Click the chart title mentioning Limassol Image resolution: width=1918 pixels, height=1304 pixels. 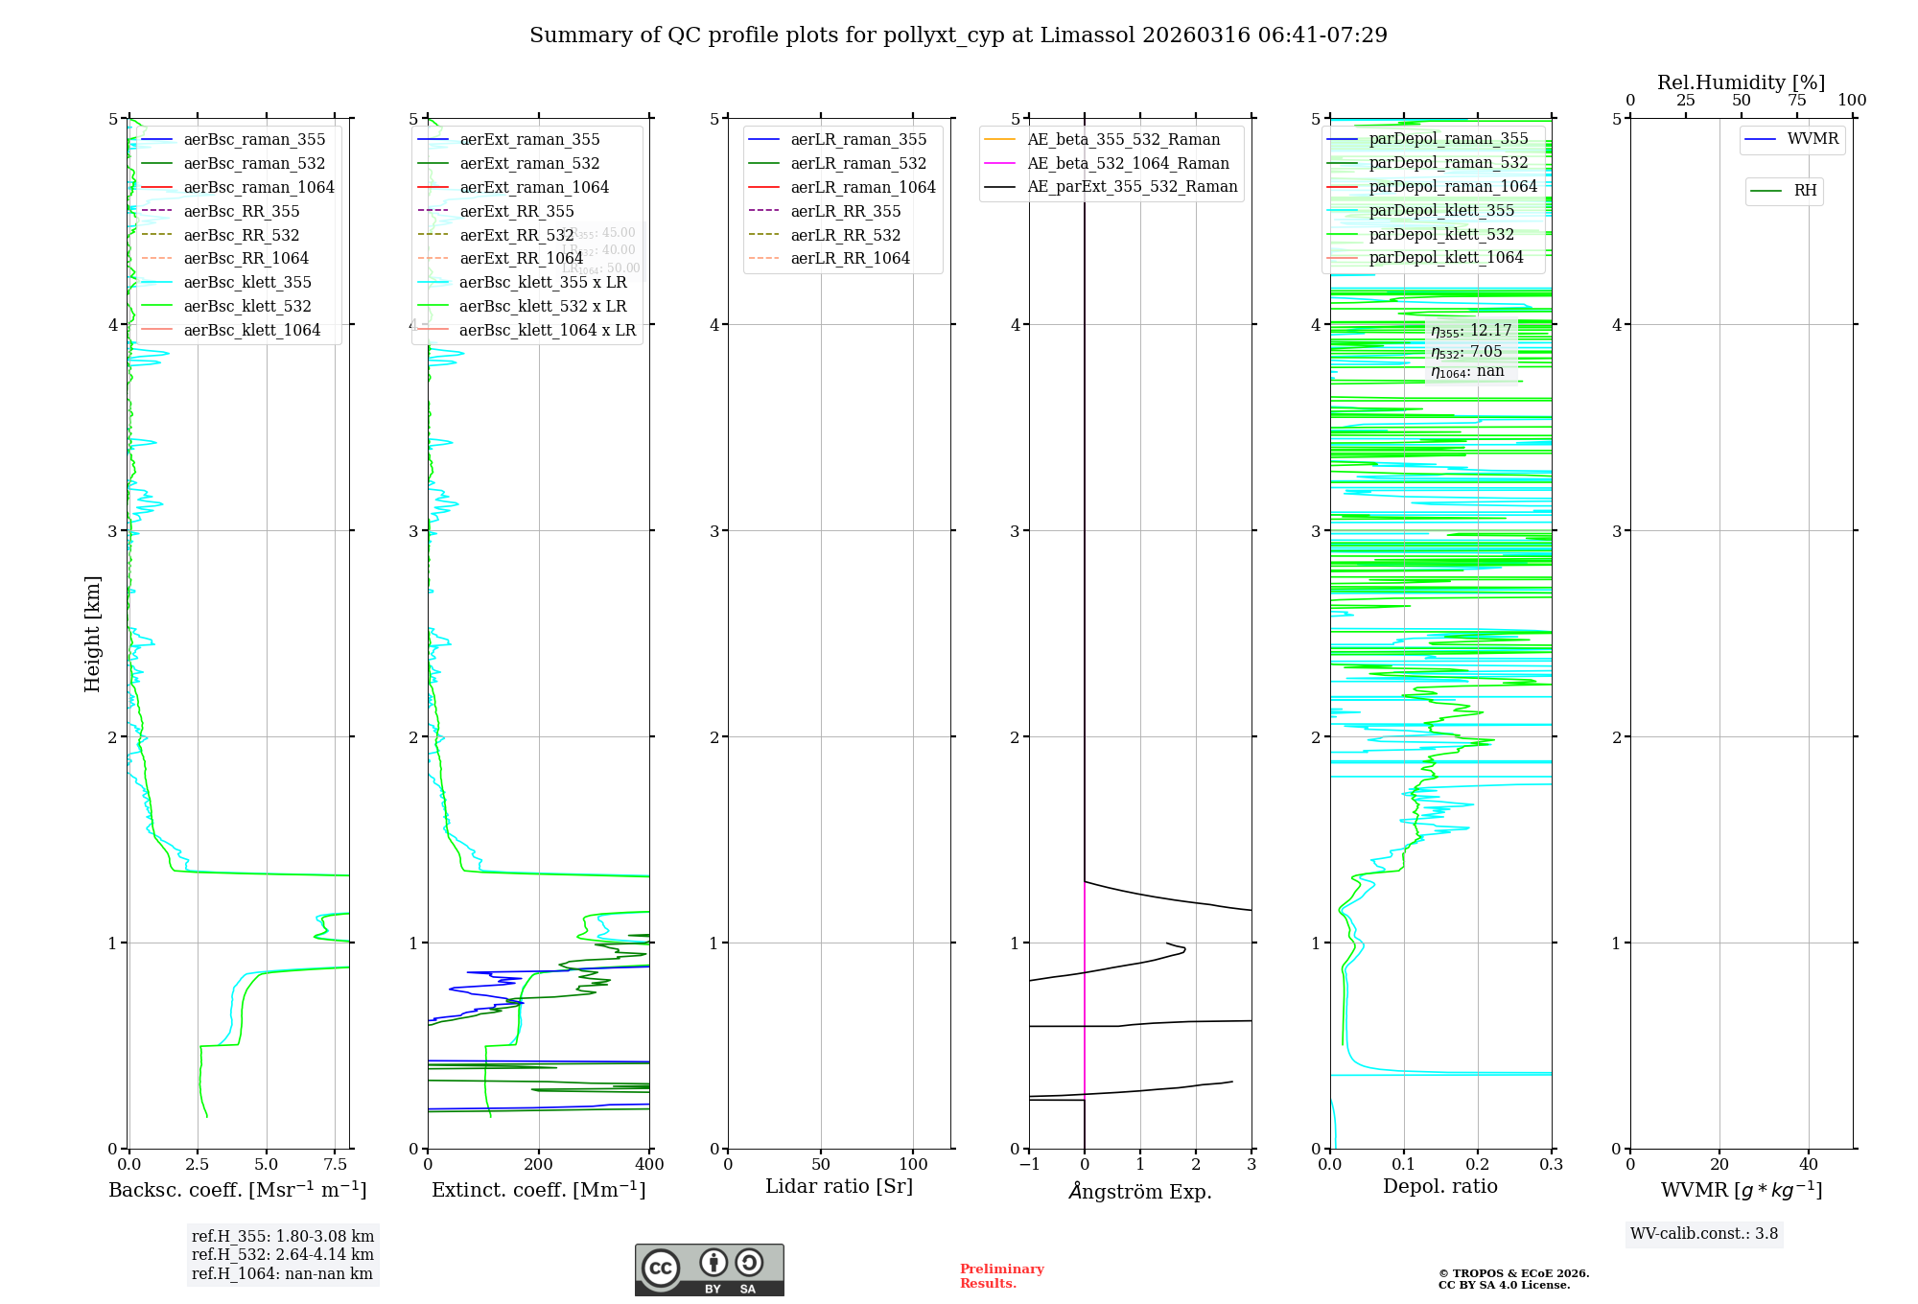coord(958,35)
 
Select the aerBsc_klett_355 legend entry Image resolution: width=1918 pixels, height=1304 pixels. coord(247,282)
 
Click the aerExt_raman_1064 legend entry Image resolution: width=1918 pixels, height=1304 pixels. coord(534,187)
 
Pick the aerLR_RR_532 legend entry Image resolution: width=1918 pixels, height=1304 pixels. coord(846,235)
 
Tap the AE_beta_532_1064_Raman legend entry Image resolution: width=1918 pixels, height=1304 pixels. coord(1128,163)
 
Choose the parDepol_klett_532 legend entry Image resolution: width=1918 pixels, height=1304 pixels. coord(1441,234)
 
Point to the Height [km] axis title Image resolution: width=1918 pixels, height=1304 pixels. coord(92,633)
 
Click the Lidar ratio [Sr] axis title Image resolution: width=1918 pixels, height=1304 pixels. coord(839,1186)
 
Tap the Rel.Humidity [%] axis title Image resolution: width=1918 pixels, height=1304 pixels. coord(1741,82)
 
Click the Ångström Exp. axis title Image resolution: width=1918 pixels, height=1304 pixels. coord(1140,1191)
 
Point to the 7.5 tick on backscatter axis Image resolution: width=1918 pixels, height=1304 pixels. coord(335,1165)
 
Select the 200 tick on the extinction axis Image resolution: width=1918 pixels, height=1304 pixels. coord(539,1165)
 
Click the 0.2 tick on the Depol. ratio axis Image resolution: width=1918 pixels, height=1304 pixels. coord(1478,1165)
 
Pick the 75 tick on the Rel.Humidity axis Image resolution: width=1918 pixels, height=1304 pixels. coord(1796,101)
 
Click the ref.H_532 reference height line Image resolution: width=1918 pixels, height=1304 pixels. coord(283,1254)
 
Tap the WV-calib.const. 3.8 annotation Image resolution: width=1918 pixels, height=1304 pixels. coord(1704,1234)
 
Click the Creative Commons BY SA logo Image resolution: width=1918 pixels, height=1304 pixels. coord(709,1270)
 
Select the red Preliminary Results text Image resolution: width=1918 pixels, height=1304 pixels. coord(1001,1276)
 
